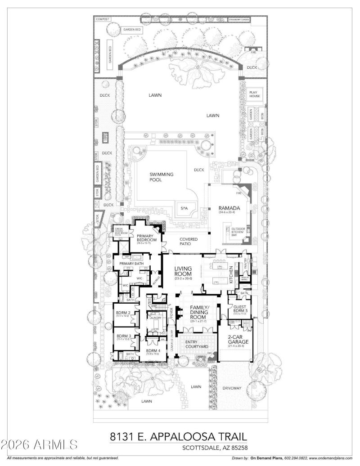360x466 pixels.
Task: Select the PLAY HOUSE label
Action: click(x=255, y=94)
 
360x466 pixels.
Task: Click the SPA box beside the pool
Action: click(x=184, y=209)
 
